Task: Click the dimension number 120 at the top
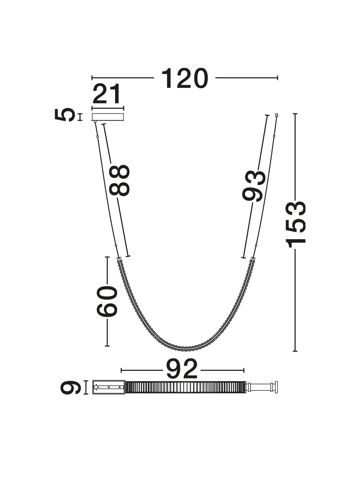click(185, 78)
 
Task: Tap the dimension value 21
click(106, 94)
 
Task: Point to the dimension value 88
click(119, 180)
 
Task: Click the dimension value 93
click(253, 186)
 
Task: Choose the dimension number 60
click(107, 301)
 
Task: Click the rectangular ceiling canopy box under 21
click(108, 117)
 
